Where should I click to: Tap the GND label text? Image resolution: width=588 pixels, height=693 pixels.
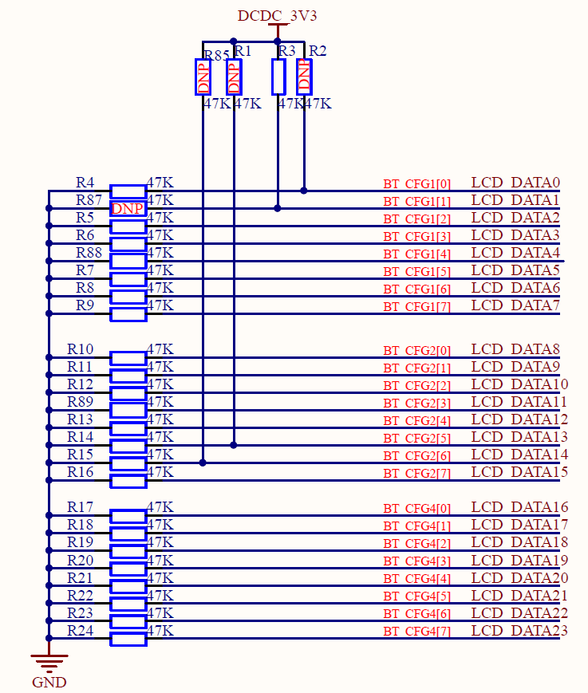(49, 682)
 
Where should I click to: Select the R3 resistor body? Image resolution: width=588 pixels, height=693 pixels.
(278, 77)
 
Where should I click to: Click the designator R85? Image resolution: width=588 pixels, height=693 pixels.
(216, 55)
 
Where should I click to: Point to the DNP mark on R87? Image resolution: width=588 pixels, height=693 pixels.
(128, 209)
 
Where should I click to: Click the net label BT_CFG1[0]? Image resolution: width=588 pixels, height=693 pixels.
(416, 184)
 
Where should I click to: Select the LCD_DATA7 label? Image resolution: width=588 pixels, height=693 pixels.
(515, 305)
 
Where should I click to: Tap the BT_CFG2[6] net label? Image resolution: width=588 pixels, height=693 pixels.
(416, 456)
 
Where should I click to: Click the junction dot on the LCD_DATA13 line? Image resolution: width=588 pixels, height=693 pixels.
(234, 445)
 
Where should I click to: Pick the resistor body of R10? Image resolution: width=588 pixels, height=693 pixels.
(128, 357)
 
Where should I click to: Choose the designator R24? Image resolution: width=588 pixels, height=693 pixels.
(80, 631)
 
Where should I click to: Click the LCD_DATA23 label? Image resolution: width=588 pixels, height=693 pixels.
(519, 631)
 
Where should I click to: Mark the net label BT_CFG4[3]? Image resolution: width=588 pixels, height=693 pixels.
(416, 561)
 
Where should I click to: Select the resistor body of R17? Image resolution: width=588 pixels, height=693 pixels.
(128, 516)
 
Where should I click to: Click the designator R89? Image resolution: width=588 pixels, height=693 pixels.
(80, 401)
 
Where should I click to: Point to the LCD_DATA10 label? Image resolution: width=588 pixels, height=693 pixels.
(519, 384)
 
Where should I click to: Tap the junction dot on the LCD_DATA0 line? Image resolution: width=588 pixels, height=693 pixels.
(304, 191)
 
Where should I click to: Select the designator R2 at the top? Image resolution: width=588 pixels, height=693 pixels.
(318, 51)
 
